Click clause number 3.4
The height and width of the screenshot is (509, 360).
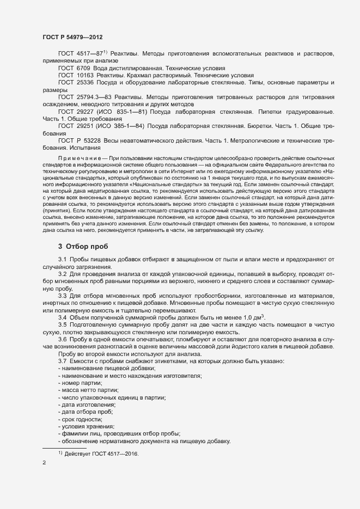(62, 317)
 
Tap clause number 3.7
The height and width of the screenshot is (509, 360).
(62, 362)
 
